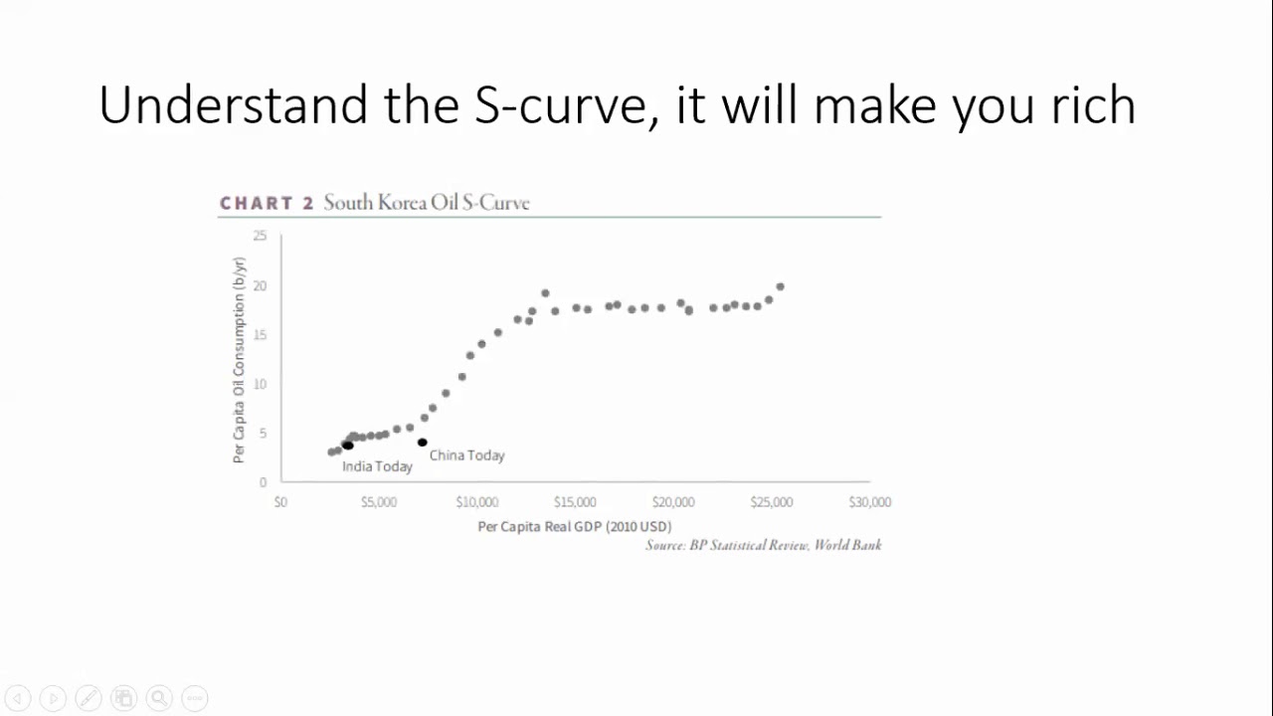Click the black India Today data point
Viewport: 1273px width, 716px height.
tap(348, 446)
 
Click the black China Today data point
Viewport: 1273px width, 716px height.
tap(423, 443)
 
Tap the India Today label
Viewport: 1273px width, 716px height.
tap(377, 466)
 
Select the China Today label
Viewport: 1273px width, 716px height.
tap(467, 455)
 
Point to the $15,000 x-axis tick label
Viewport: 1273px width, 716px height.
tap(575, 502)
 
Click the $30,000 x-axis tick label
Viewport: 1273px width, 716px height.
tap(869, 502)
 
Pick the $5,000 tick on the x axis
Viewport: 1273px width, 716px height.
tap(379, 502)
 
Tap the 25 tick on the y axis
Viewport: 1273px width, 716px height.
tap(260, 236)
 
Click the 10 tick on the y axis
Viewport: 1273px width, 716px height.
tap(260, 384)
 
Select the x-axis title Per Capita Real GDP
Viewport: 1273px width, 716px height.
tap(575, 526)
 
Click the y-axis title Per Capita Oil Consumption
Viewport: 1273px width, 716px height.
tap(239, 360)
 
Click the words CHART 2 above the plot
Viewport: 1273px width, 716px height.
tap(267, 203)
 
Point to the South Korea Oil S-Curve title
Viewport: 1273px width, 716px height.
tap(427, 203)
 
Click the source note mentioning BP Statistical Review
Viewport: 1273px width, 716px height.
tap(763, 545)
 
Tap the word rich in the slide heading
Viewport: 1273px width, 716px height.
tap(1093, 104)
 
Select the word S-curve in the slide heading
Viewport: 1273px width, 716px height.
tap(560, 104)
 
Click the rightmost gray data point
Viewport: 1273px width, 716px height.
tap(781, 287)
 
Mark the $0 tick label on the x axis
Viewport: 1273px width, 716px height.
tap(280, 502)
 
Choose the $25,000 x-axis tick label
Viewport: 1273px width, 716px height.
tap(772, 502)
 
